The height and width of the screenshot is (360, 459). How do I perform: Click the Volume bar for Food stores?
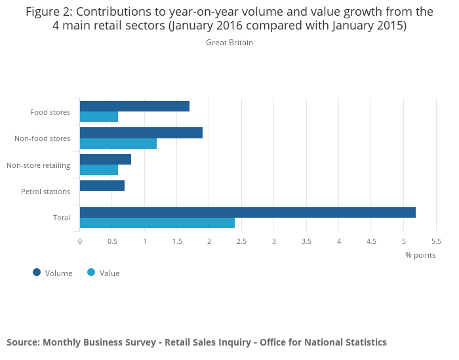click(134, 106)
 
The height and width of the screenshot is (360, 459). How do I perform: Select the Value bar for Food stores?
click(99, 117)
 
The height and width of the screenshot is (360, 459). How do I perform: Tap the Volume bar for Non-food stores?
click(141, 133)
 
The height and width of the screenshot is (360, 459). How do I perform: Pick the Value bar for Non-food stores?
click(118, 144)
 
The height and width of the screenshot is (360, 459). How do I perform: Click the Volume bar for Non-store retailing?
click(106, 159)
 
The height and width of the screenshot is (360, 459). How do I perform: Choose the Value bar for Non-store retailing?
click(99, 170)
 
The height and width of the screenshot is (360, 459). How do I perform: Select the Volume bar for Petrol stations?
click(102, 186)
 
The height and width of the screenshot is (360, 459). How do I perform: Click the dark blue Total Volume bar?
click(247, 212)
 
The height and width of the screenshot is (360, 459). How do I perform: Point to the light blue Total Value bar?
click(157, 223)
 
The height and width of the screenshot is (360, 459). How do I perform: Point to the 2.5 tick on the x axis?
click(241, 241)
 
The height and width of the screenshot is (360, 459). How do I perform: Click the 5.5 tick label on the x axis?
click(435, 241)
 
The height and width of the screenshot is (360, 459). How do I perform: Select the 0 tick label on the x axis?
click(80, 241)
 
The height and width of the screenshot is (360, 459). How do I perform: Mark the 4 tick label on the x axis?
click(338, 241)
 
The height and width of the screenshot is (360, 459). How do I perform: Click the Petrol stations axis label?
click(45, 191)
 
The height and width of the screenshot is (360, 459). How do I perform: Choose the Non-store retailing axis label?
click(38, 165)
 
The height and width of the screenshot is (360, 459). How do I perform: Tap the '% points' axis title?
click(420, 255)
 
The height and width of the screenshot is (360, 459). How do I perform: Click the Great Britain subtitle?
click(229, 43)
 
